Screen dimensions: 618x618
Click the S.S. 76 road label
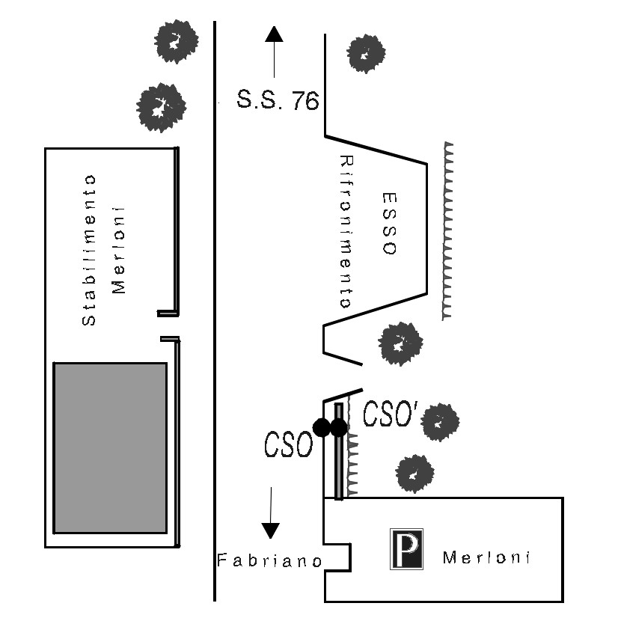(278, 100)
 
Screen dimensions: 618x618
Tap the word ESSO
(388, 224)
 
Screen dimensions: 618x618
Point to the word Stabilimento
(89, 250)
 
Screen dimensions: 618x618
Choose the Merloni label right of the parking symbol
(486, 558)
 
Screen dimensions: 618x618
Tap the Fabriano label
(269, 560)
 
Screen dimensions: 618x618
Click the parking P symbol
(406, 549)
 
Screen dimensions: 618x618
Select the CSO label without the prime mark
(287, 444)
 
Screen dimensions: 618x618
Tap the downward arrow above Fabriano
(271, 513)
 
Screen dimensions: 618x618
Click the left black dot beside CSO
(321, 428)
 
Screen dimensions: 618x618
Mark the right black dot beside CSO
(339, 428)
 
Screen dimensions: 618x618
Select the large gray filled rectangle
(110, 447)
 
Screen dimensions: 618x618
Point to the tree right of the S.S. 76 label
(367, 53)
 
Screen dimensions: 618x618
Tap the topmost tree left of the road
(176, 41)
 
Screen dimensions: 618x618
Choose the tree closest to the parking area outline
(414, 473)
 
